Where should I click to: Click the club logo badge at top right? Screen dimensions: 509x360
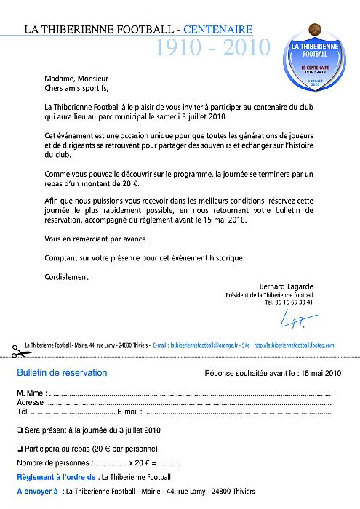click(x=315, y=57)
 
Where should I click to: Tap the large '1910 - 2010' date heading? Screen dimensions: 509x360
click(x=212, y=48)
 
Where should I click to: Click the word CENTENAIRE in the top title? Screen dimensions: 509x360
click(x=218, y=30)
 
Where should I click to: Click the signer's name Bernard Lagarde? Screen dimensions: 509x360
click(x=286, y=286)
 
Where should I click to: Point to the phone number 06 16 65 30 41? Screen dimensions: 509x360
click(x=295, y=302)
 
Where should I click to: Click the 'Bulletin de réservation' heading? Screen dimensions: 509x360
click(x=62, y=373)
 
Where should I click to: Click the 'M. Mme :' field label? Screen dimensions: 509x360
click(x=31, y=393)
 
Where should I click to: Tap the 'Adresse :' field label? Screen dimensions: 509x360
click(x=31, y=402)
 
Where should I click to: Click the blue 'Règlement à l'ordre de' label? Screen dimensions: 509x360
click(x=57, y=477)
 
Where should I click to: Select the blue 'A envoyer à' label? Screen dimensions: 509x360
click(x=37, y=492)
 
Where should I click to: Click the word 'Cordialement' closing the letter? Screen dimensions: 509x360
click(x=66, y=276)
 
